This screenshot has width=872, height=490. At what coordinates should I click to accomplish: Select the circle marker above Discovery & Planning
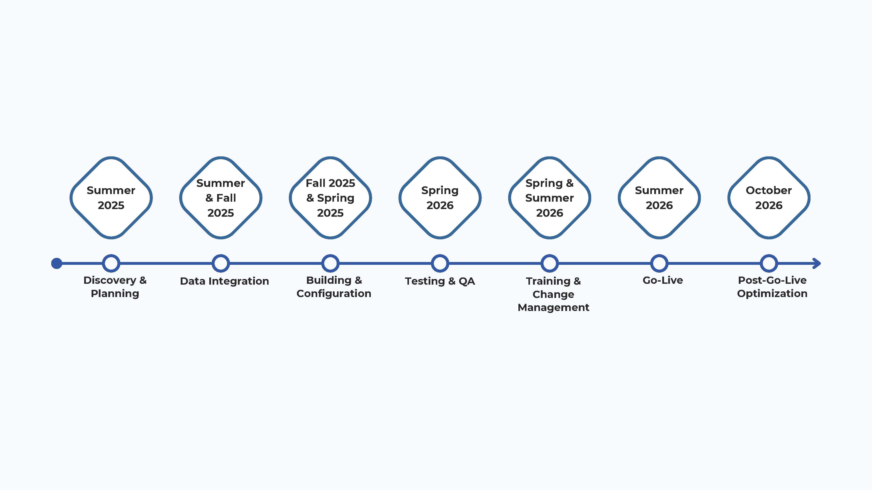(111, 263)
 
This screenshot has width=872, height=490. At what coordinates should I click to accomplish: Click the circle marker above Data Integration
(221, 263)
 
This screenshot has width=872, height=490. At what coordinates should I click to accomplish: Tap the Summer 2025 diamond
(111, 198)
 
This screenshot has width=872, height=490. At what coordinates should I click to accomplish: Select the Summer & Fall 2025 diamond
(221, 198)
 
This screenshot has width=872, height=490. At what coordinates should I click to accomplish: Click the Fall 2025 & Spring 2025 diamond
(330, 198)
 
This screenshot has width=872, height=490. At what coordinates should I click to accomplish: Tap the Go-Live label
(663, 280)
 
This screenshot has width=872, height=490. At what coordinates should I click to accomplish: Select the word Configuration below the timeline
(334, 294)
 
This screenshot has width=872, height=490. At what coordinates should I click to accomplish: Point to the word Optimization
(772, 294)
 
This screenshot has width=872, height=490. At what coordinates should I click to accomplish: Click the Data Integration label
(225, 281)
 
